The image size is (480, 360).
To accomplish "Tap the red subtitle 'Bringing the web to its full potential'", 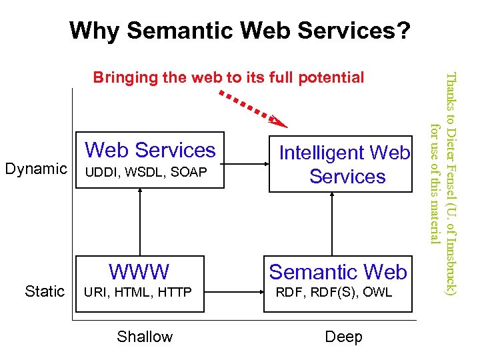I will point(229,77).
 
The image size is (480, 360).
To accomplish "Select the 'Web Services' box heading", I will point(151,150).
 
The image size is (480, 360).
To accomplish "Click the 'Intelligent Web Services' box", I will point(344,165).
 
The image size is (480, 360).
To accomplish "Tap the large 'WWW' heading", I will point(139,272).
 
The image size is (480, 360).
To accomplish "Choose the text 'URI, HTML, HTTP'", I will point(136,292).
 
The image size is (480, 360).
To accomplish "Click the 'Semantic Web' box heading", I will point(338,272).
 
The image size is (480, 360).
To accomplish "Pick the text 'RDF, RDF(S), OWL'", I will point(334,292).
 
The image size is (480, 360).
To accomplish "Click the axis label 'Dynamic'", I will point(36,169).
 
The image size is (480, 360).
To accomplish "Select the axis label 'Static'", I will point(45,291).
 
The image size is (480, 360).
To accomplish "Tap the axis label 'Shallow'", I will point(145,337).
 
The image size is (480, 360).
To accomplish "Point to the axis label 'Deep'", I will point(343,337).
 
